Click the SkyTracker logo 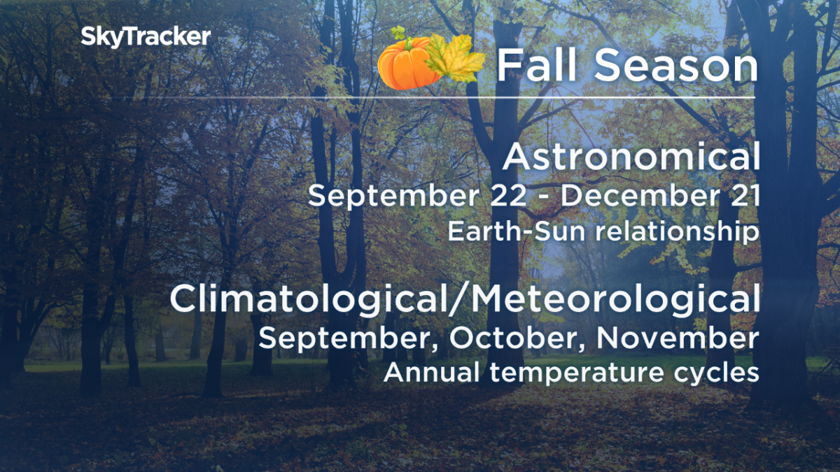145,37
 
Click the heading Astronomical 631,157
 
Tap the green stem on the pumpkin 398,33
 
